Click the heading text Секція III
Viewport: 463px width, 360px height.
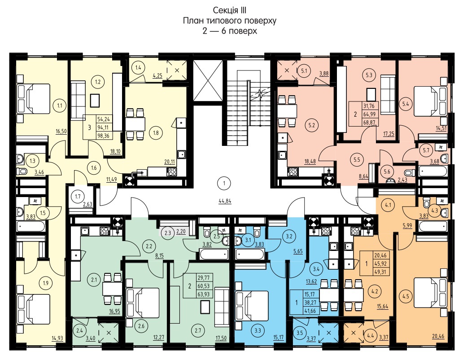(230, 10)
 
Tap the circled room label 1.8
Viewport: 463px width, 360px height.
(156, 133)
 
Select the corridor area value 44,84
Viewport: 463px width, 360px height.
(225, 202)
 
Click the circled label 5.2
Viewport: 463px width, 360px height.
(311, 125)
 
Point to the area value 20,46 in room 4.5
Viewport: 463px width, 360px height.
(438, 336)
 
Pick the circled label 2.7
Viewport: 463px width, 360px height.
(197, 330)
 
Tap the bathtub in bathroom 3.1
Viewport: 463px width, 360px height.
(249, 254)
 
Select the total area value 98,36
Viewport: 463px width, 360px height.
(103, 136)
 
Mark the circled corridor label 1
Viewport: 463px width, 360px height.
(224, 184)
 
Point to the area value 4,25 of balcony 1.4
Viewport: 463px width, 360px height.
(157, 75)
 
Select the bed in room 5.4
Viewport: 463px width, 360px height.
(431, 101)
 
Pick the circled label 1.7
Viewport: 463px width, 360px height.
(78, 197)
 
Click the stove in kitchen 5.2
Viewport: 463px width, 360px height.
(293, 171)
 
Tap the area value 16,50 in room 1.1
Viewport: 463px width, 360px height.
(61, 132)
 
